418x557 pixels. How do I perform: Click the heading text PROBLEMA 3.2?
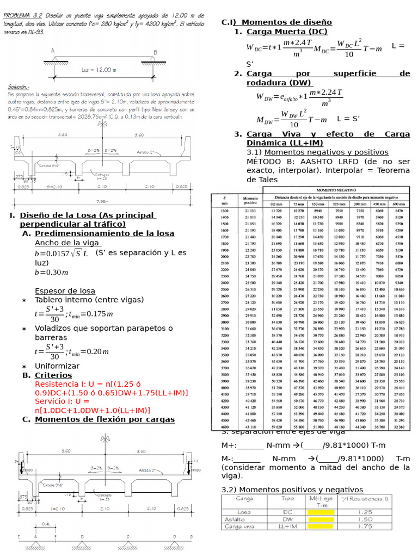(24, 16)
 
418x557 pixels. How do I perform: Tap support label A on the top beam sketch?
(53, 51)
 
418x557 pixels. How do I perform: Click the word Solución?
(19, 87)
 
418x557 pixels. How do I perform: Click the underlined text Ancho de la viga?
(67, 243)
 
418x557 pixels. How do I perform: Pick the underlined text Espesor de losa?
(65, 290)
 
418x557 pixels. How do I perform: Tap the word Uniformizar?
(57, 366)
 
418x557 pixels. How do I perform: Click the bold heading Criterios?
(53, 375)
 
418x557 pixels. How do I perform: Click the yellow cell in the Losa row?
(321, 512)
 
